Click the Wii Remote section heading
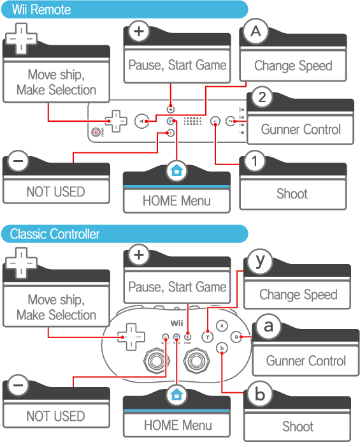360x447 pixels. tap(41, 10)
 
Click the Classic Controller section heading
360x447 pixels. tap(55, 234)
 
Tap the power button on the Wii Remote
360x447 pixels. tap(96, 132)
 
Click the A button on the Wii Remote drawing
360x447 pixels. tap(142, 121)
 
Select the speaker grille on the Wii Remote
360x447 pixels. tap(192, 121)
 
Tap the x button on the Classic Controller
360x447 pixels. tap(222, 326)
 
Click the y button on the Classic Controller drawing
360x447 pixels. tap(207, 337)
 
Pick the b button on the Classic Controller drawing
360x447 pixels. tap(222, 348)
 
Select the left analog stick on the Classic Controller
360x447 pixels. tap(156, 361)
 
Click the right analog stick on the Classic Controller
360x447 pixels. tap(196, 361)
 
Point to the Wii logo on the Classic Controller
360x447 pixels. tap(176, 323)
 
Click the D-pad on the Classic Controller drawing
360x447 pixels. tap(131, 337)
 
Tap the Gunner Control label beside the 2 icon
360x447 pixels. tap(301, 129)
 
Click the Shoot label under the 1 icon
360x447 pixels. tap(292, 194)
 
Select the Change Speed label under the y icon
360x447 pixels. tap(298, 295)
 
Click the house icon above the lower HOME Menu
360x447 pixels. tap(176, 395)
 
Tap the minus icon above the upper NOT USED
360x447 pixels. tap(18, 161)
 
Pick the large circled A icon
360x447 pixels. tap(256, 31)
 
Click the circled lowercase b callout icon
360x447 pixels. tap(260, 394)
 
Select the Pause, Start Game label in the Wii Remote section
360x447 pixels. tap(177, 65)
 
